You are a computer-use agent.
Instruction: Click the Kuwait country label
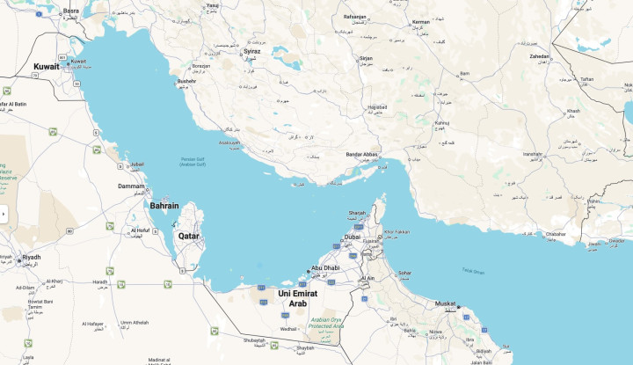click(x=47, y=66)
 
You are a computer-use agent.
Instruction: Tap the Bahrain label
click(x=164, y=205)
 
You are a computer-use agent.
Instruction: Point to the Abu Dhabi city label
click(x=325, y=268)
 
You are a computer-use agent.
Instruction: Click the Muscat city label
click(x=447, y=303)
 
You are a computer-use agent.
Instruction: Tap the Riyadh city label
click(x=32, y=257)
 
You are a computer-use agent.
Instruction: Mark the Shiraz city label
click(x=252, y=51)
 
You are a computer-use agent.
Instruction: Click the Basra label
click(x=71, y=11)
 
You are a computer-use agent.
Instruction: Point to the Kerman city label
click(x=421, y=21)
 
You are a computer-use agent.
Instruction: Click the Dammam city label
click(x=131, y=186)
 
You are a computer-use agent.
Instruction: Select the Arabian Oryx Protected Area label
click(x=325, y=322)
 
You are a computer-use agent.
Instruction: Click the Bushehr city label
click(x=186, y=81)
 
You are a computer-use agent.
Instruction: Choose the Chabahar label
click(x=556, y=234)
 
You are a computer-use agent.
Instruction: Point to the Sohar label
click(x=404, y=273)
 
